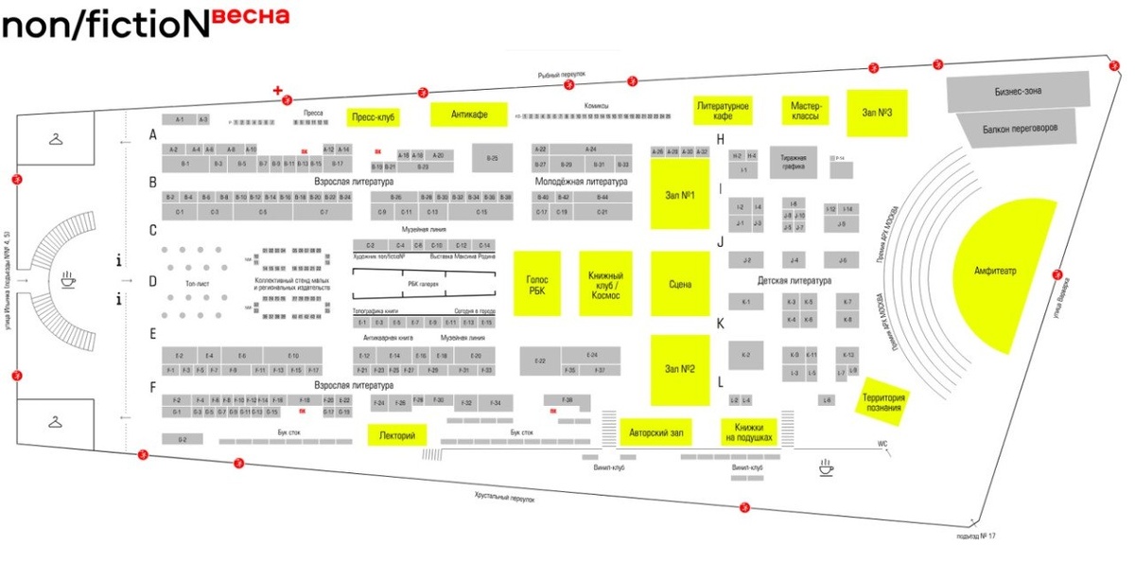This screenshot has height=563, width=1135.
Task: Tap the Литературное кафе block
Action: (723, 110)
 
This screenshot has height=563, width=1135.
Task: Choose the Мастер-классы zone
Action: (804, 110)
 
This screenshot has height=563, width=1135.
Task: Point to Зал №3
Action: (877, 113)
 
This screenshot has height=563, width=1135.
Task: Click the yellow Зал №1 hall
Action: (679, 195)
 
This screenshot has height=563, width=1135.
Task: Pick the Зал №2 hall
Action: (679, 369)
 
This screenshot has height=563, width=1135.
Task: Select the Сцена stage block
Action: (679, 284)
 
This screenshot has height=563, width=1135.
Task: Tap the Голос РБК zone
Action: (536, 284)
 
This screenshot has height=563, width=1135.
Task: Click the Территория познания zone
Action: (883, 398)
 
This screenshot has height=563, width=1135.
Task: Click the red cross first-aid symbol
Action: (277, 91)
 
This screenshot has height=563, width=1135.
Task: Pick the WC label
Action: (882, 444)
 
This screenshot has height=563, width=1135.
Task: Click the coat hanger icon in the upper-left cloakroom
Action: (57, 140)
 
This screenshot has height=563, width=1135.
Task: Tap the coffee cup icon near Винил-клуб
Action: (826, 466)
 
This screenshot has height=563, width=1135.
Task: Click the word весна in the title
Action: (250, 17)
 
